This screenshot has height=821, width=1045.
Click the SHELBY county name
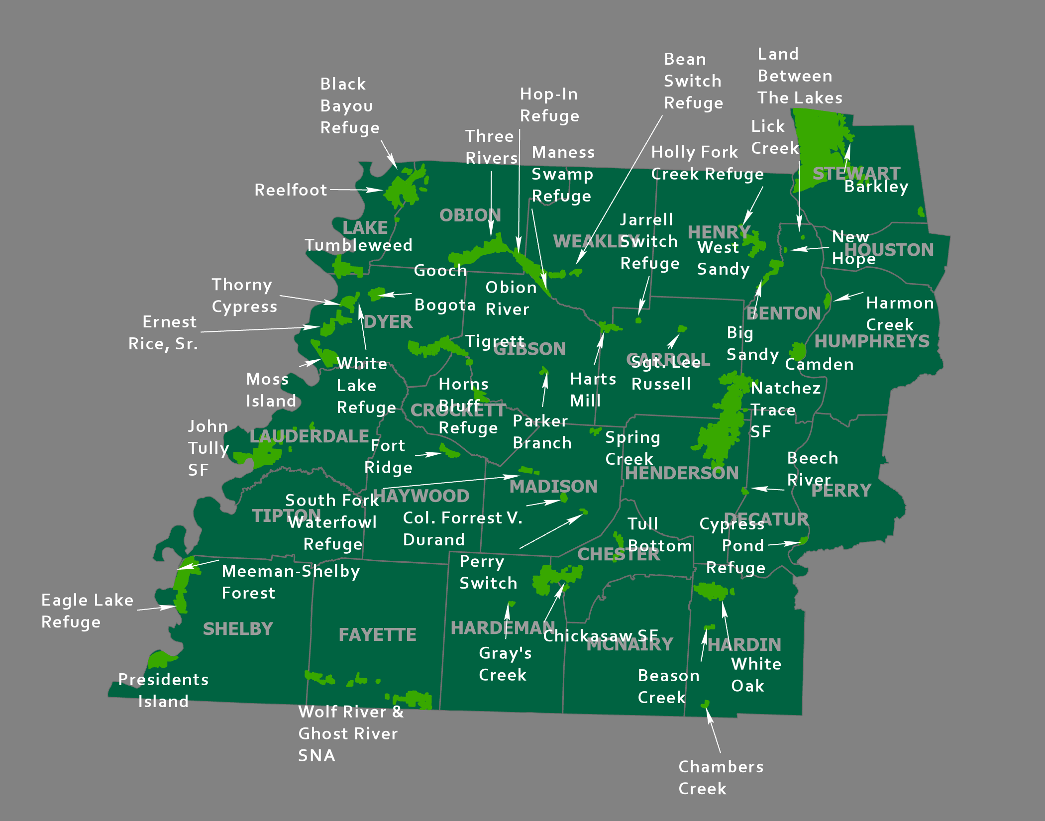coord(238,629)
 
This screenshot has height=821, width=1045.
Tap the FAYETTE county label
coord(377,635)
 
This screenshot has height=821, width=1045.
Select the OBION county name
coord(470,215)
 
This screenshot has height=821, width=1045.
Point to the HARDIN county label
coord(744,645)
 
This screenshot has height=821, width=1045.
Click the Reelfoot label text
coord(291,190)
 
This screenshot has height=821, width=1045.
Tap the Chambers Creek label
coord(721,777)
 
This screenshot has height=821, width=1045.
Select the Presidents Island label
coord(163,690)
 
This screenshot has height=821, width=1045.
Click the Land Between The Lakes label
coord(800,76)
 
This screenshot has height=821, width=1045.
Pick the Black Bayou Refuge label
coord(349,105)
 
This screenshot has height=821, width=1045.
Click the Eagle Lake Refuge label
coord(87,611)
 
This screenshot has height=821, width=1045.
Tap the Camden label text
coord(819,364)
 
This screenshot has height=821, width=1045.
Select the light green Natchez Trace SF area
coord(722,428)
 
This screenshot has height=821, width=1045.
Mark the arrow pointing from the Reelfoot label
coord(356,190)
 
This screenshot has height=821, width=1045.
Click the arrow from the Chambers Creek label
coord(713,729)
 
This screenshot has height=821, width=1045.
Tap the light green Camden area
coord(798,351)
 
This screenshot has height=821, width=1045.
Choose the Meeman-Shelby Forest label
coord(291,582)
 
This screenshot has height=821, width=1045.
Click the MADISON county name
coord(553,486)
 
